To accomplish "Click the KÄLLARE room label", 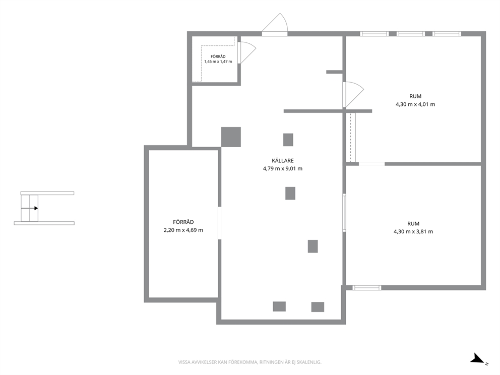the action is (283, 161).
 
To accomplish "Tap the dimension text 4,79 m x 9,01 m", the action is (283, 169).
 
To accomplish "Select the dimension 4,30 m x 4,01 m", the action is (415, 104).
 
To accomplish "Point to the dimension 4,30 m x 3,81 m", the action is (413, 232).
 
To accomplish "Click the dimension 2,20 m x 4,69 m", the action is (183, 230).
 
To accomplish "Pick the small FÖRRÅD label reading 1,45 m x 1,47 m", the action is (218, 59).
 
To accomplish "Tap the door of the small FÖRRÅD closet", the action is (247, 53).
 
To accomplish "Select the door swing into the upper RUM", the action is (353, 95).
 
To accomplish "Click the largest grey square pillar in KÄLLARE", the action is (231, 137).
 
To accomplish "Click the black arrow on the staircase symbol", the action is (30, 208).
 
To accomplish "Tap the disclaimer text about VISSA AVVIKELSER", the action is (249, 362).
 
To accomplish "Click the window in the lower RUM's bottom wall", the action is (367, 288).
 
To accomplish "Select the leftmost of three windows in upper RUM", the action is (374, 34).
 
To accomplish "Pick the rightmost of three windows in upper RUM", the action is (447, 34).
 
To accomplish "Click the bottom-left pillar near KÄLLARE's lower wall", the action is (279, 306).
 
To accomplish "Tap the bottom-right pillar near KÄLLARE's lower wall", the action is (318, 307).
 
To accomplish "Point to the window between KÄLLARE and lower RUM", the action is (344, 212).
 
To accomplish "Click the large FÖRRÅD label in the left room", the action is (183, 222).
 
